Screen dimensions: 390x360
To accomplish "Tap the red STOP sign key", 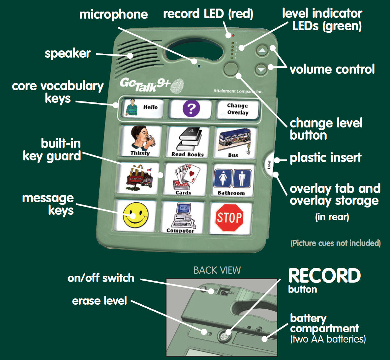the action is coord(229,218).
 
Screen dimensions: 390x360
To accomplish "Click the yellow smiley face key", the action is coord(135,215).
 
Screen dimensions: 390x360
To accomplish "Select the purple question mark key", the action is coord(191,109).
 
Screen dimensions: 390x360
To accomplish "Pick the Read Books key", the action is coord(188,142).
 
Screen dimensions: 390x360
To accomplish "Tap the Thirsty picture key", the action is coord(140,141).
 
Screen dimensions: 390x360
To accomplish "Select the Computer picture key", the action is coord(183,217).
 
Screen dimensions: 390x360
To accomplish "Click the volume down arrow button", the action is coord(261,69).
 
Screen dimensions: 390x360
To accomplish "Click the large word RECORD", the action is coord(324,276).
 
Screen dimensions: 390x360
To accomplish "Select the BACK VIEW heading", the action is coord(217,270).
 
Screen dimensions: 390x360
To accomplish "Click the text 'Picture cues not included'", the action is coord(336,243).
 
